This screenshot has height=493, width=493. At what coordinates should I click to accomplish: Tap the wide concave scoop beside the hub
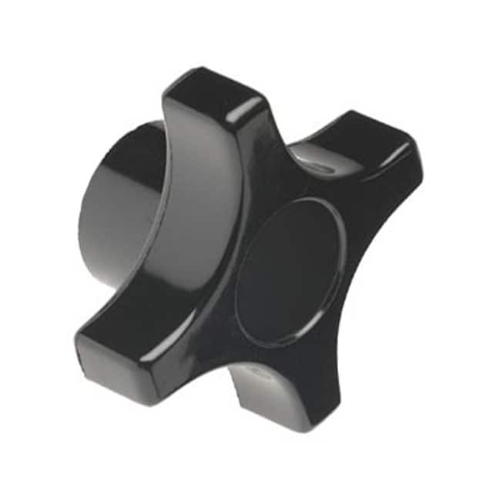185,216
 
